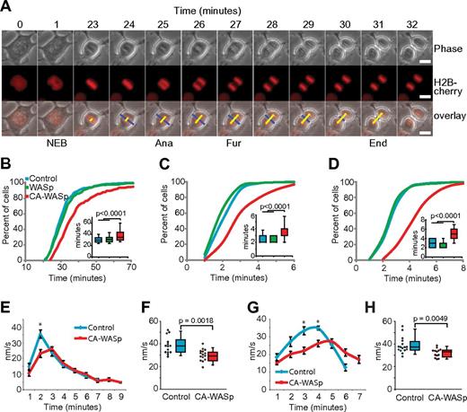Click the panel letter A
pyautogui.click(x=6, y=6)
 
